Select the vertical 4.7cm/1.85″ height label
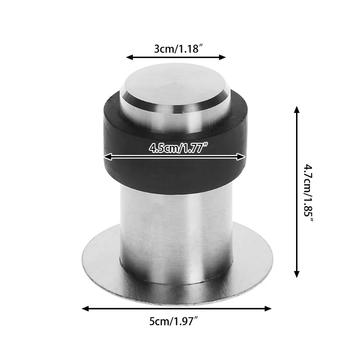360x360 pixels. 308,191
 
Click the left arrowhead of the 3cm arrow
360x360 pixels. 129,57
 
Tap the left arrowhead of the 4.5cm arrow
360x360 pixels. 107,157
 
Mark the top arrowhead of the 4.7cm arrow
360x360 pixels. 297,109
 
